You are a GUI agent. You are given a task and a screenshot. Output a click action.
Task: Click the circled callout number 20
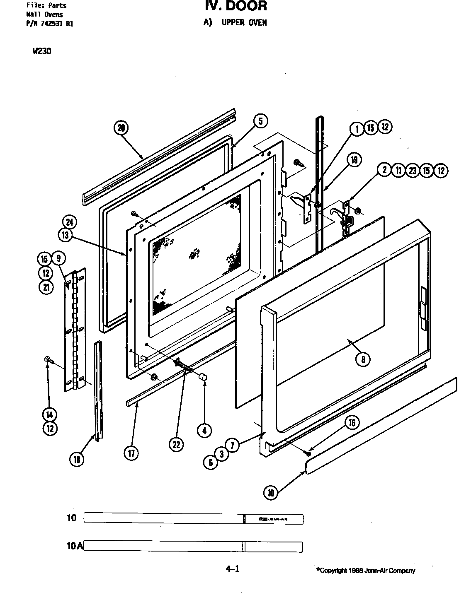(x=121, y=128)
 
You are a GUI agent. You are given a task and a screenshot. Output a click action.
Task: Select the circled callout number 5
(x=260, y=121)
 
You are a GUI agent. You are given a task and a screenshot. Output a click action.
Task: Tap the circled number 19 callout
(x=354, y=160)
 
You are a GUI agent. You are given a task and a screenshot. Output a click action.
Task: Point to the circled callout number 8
(x=363, y=359)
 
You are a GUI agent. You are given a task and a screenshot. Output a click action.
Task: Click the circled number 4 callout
(x=204, y=431)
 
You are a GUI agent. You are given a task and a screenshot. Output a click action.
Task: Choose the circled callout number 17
(x=131, y=453)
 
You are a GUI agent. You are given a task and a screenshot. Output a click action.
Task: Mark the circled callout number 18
(x=77, y=459)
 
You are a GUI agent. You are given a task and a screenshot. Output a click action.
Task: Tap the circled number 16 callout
(x=352, y=422)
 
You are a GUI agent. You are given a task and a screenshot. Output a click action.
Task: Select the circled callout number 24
(x=70, y=222)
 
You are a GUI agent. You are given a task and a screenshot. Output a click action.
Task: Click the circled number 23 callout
(x=412, y=170)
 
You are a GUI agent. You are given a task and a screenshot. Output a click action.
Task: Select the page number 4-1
(x=232, y=569)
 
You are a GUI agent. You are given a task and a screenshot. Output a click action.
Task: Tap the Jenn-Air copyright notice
(x=365, y=571)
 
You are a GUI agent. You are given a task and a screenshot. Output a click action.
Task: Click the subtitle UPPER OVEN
(x=244, y=22)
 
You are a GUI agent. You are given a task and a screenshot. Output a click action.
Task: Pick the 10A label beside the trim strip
(x=74, y=546)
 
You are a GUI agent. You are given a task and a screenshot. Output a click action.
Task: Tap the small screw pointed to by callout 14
(x=48, y=361)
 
